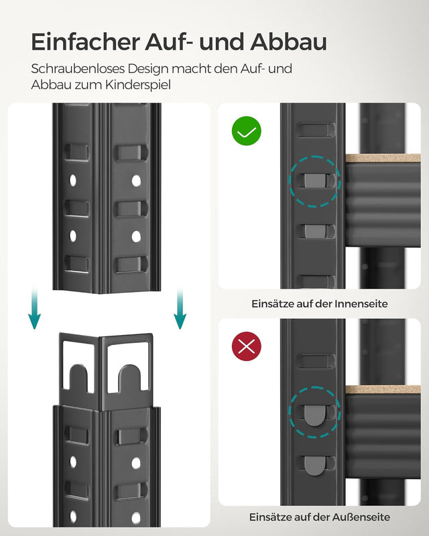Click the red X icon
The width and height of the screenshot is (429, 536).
(247, 346)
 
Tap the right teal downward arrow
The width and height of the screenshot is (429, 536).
(180, 310)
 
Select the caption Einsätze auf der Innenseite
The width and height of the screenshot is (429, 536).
(320, 304)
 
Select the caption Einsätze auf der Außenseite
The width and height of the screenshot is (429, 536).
(320, 517)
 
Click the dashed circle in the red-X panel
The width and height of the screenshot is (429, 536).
(314, 413)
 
